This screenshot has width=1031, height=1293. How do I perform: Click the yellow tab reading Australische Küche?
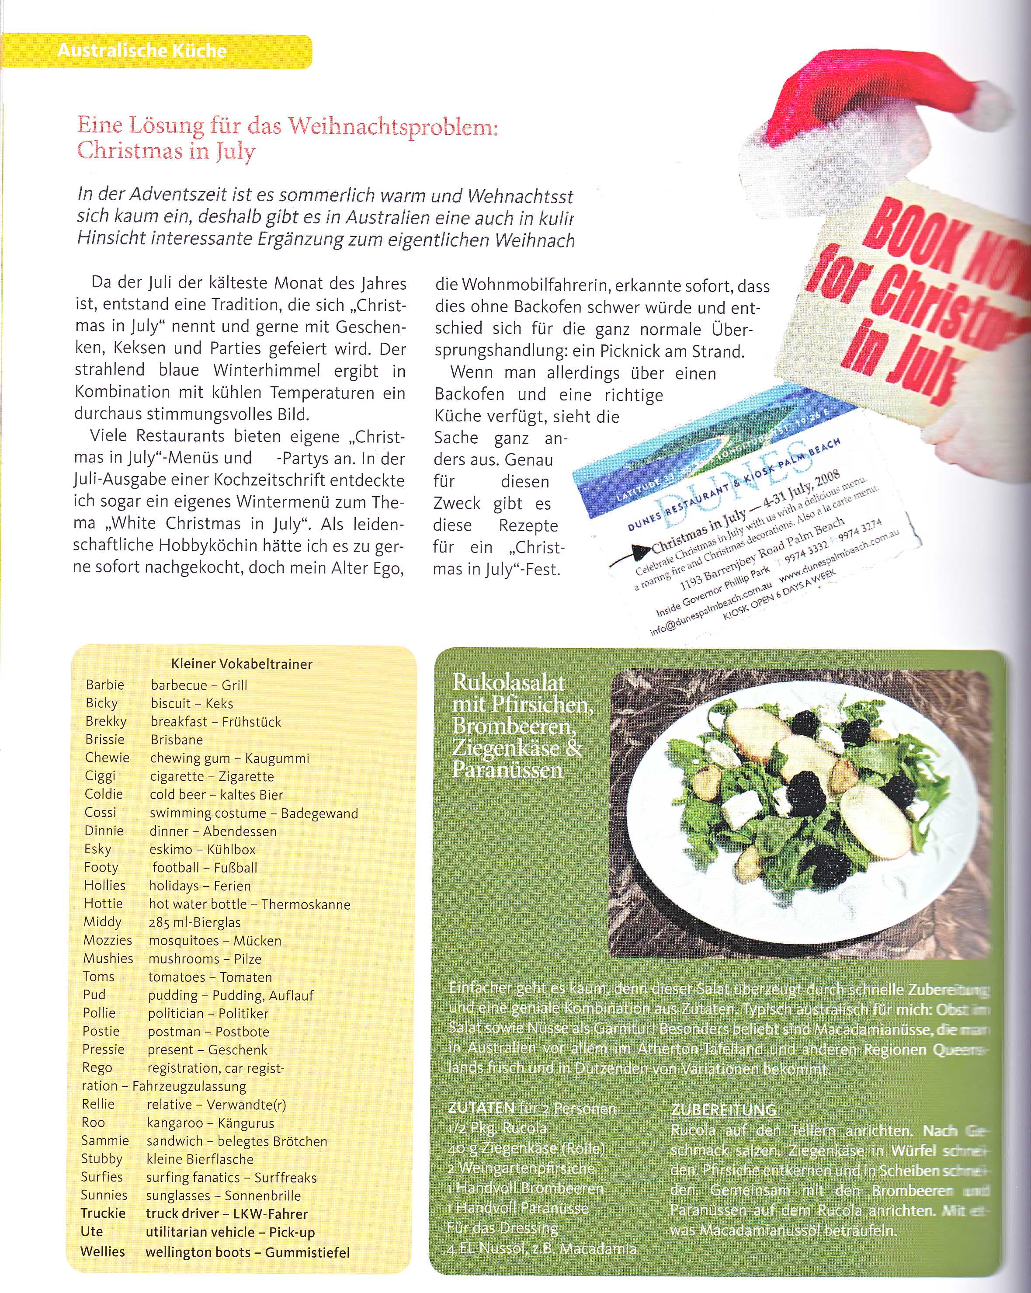[142, 50]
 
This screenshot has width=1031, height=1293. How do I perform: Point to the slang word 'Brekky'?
[106, 721]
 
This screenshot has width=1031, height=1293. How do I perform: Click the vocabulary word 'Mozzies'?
[108, 940]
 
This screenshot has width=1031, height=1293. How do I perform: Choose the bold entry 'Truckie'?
[103, 1213]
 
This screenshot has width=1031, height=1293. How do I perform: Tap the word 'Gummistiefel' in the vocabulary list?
[307, 1252]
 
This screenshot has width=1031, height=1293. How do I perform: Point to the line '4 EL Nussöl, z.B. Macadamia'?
[542, 1249]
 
